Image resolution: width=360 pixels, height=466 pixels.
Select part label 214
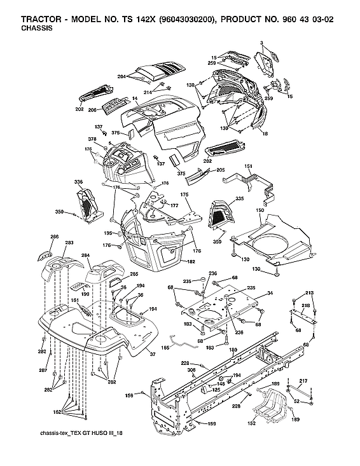pyautogui.click(x=147, y=92)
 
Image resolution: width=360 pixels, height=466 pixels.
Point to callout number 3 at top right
pyautogui.click(x=261, y=43)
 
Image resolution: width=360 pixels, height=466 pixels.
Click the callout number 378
pyautogui.click(x=92, y=139)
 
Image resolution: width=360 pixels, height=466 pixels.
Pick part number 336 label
pyautogui.click(x=78, y=182)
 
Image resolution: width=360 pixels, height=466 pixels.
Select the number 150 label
pyautogui.click(x=259, y=210)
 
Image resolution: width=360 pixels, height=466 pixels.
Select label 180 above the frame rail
pyautogui.click(x=233, y=350)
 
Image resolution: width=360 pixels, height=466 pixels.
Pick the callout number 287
pyautogui.click(x=44, y=370)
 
